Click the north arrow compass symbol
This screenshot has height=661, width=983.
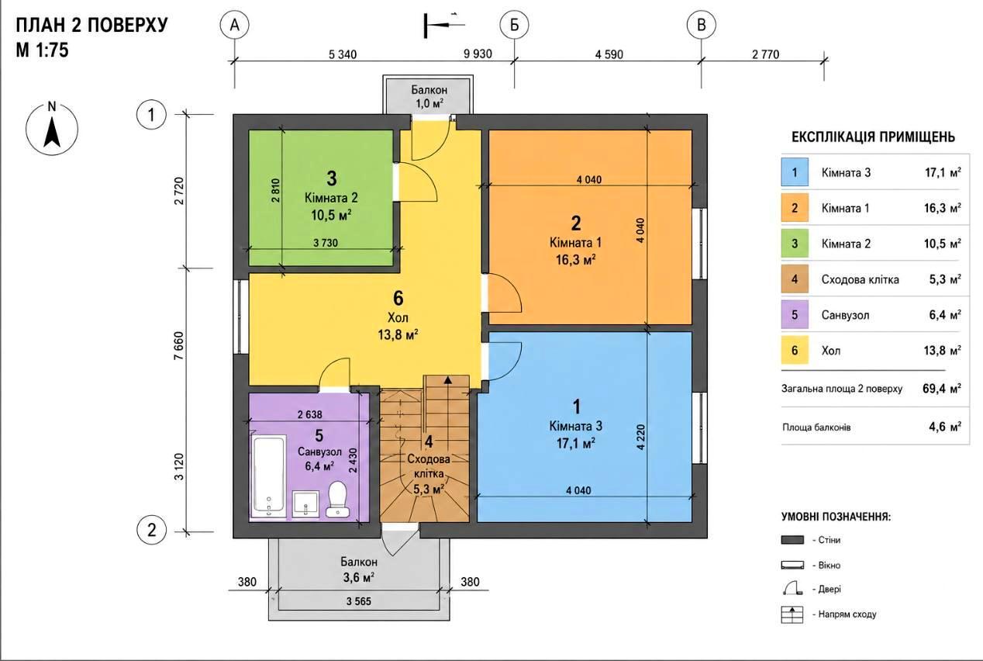[x=52, y=129]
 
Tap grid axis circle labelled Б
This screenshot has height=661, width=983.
[x=514, y=26]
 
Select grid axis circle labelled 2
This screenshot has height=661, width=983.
[x=151, y=530]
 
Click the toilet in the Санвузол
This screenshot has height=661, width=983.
[x=338, y=500]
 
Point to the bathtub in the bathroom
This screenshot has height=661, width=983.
[x=268, y=475]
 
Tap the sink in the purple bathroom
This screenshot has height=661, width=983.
[x=305, y=504]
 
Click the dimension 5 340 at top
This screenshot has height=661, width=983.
[x=343, y=54]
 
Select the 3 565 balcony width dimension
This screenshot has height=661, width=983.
[x=358, y=601]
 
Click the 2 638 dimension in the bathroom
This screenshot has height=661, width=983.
[x=309, y=414]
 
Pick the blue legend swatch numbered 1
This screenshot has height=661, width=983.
[x=795, y=172]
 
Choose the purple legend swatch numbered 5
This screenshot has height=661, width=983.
[x=795, y=314]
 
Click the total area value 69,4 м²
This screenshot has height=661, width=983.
[x=942, y=389]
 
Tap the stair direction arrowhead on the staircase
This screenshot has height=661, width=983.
[x=447, y=380]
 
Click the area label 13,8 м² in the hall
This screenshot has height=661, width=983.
[x=398, y=335]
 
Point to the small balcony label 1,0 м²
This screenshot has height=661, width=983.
[x=429, y=104]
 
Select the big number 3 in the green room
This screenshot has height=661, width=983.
[x=332, y=178]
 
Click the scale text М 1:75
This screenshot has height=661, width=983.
[x=43, y=50]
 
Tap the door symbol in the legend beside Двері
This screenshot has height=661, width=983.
[x=792, y=589]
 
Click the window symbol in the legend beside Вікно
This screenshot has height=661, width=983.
[x=792, y=565]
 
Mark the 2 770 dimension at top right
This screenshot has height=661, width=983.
[x=766, y=54]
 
